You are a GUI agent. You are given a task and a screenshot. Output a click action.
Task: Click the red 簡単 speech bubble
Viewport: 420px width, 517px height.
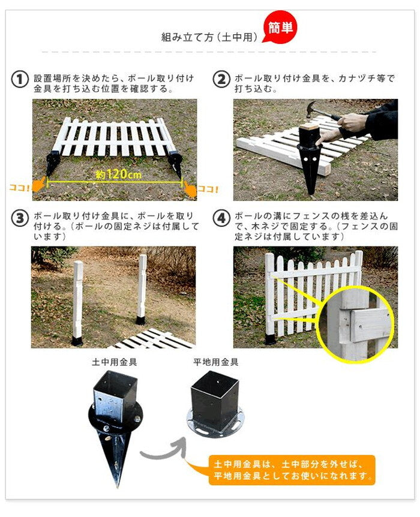pyautogui.click(x=280, y=29)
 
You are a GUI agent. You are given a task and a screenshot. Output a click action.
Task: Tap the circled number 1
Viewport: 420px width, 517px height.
pyautogui.click(x=20, y=79)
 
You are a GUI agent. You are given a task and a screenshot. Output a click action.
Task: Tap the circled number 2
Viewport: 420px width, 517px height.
pyautogui.click(x=221, y=79)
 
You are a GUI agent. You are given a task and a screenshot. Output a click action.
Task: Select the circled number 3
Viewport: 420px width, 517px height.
pyautogui.click(x=20, y=218)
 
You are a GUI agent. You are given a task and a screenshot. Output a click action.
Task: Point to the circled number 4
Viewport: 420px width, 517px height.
pyautogui.click(x=221, y=218)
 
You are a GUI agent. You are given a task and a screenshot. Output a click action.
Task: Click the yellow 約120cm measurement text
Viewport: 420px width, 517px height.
pyautogui.click(x=119, y=174)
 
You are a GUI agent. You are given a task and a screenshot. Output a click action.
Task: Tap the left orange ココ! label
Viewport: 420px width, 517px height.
pyautogui.click(x=20, y=188)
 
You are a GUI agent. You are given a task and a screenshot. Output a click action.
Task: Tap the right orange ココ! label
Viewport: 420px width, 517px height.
pyautogui.click(x=208, y=190)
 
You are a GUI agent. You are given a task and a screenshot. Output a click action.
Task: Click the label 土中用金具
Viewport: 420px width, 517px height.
pyautogui.click(x=114, y=362)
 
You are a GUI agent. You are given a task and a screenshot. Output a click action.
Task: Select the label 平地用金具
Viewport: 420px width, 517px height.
pyautogui.click(x=216, y=362)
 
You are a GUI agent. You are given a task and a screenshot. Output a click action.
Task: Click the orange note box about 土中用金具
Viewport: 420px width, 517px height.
pyautogui.click(x=292, y=470)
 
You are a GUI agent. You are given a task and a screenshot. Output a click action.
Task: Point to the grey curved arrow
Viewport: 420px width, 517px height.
pyautogui.click(x=161, y=453)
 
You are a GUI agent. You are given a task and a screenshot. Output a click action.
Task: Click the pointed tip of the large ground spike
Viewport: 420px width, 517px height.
pyautogui.click(x=117, y=486)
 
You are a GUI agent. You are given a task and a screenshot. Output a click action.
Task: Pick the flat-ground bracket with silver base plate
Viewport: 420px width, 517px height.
pyautogui.click(x=215, y=403)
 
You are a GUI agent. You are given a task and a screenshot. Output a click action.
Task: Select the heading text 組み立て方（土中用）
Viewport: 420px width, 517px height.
pyautogui.click(x=209, y=37)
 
